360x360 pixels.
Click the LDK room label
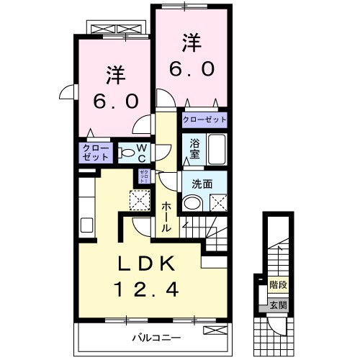[x=145, y=265]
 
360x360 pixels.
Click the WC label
[x=142, y=152]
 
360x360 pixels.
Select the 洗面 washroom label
[x=202, y=184]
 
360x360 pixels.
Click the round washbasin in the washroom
[x=192, y=203]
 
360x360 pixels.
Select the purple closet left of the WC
[x=95, y=152]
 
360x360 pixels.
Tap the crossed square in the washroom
[x=218, y=203]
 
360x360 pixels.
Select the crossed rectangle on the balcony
[x=214, y=330]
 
